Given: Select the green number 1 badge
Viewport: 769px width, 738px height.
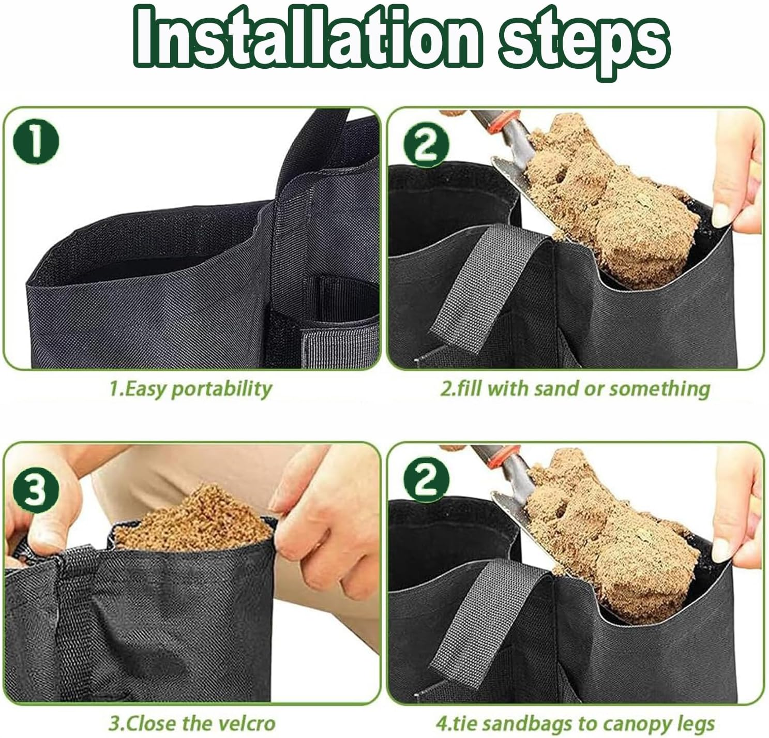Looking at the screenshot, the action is pyautogui.click(x=36, y=142).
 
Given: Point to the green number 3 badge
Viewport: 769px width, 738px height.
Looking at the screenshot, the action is pyautogui.click(x=36, y=490).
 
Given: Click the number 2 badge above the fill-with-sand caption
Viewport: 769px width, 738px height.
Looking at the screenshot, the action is pyautogui.click(x=426, y=145).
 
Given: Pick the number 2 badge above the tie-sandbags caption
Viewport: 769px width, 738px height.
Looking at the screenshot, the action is pyautogui.click(x=426, y=479).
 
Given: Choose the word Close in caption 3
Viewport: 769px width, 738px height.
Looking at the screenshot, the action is pyautogui.click(x=151, y=724).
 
